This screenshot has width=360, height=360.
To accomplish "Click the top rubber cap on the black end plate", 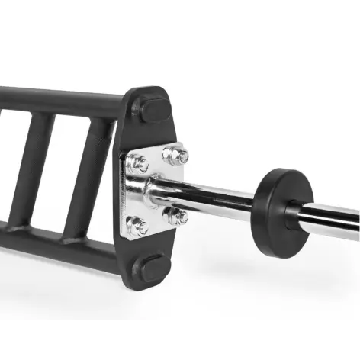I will [x=155, y=109].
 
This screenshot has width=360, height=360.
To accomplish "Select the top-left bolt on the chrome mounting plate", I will [x=140, y=162].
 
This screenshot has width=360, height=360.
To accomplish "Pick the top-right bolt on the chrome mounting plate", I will [x=176, y=156].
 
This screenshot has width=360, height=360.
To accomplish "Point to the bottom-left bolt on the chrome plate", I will [x=138, y=226].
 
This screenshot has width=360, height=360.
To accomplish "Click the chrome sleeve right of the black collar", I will [x=332, y=221].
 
